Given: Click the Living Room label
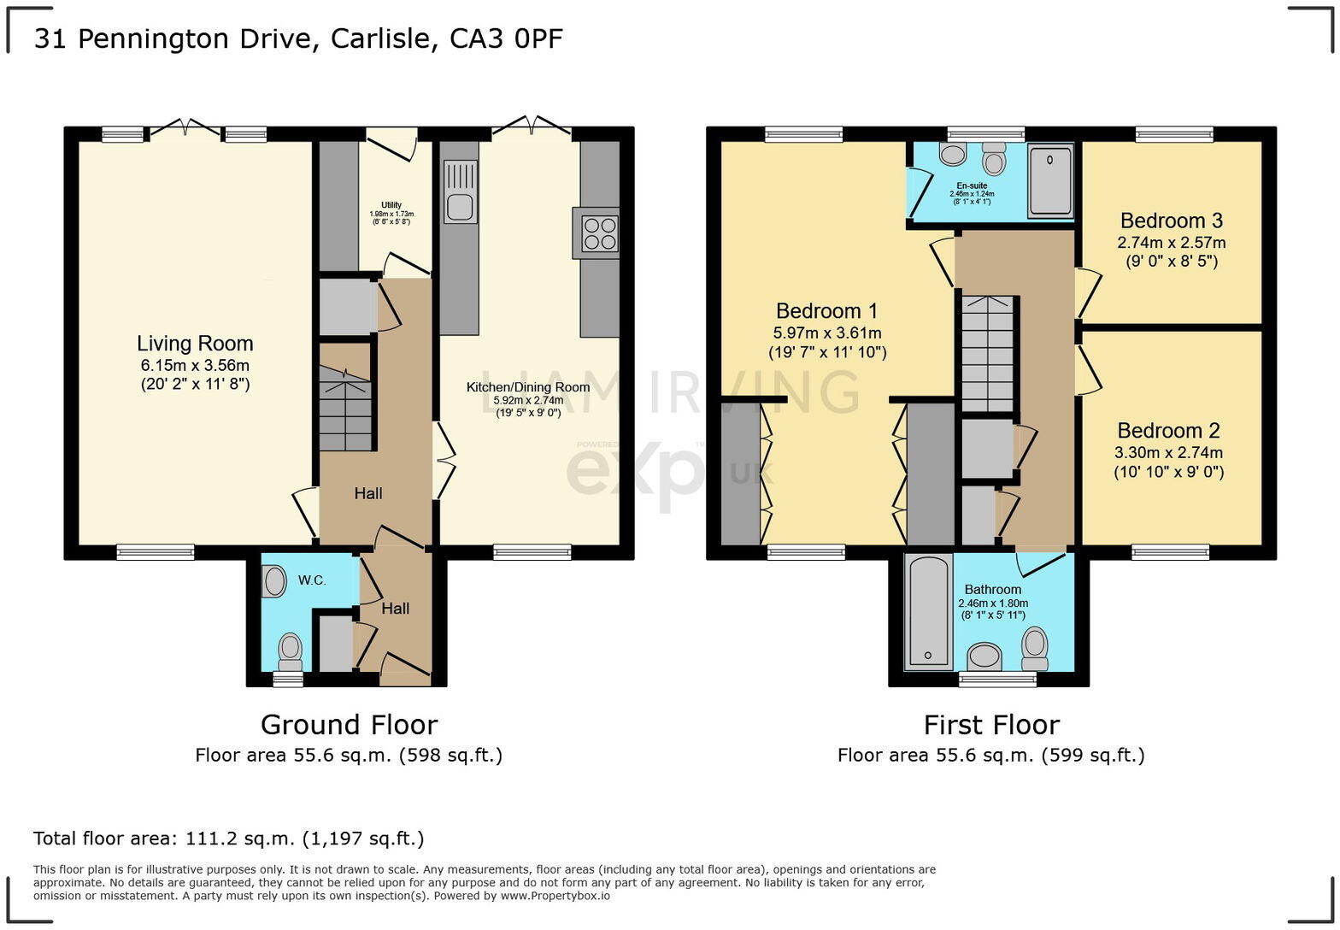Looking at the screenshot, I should point(195,344).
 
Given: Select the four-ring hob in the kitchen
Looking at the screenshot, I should point(600,233).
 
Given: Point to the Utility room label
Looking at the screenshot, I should point(391,205).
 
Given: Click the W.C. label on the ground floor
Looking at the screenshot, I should point(312,580).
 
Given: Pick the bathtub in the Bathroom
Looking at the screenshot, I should point(928,611).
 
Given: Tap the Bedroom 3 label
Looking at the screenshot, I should point(1171,221).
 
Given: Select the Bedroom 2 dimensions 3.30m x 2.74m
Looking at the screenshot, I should point(1168,453).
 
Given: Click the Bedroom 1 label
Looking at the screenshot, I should point(826,311).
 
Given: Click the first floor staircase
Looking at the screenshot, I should point(988,353).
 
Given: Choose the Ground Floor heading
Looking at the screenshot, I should point(349,725).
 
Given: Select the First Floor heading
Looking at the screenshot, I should point(991,725).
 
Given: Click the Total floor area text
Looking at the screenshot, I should point(228,839).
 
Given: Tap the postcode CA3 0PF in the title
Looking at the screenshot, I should point(507,38).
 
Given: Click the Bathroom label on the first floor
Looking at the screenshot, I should point(993,590).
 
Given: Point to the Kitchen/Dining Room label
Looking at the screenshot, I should point(528,387).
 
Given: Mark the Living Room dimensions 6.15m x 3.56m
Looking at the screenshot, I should point(195,366).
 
